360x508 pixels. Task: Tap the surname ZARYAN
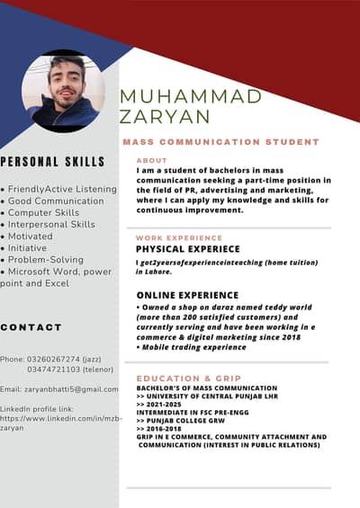click(165, 117)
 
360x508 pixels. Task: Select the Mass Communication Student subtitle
click(220, 142)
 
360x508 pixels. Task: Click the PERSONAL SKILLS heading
click(52, 162)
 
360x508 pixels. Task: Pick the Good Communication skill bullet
click(56, 201)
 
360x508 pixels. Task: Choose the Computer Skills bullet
click(49, 212)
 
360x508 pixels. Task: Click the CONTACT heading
click(31, 327)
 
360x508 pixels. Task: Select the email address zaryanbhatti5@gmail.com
click(72, 388)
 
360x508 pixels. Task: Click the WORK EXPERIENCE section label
click(179, 237)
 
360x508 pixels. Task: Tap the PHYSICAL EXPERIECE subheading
click(188, 248)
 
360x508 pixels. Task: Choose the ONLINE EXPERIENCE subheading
click(187, 295)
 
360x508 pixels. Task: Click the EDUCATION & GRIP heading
click(189, 379)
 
